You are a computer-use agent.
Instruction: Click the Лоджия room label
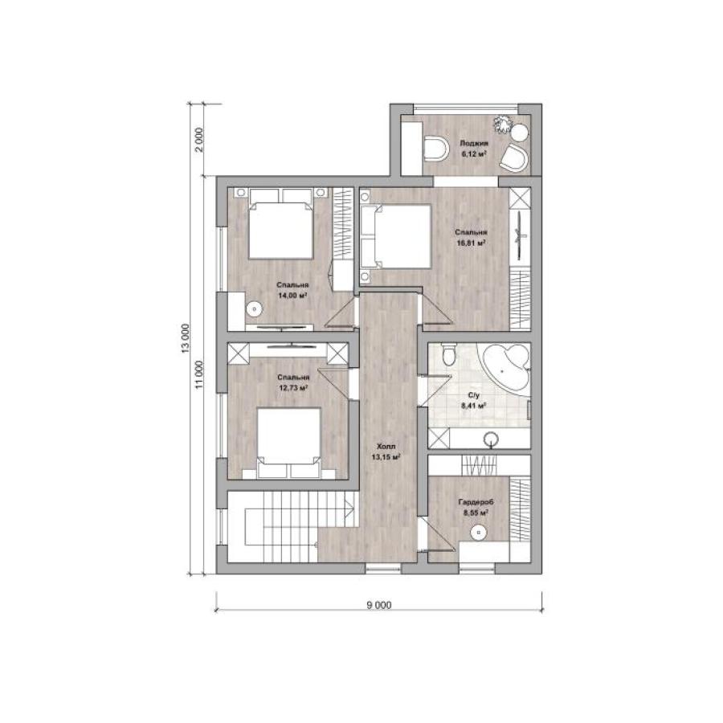pos(474,144)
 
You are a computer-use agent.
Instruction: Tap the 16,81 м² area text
pos(472,243)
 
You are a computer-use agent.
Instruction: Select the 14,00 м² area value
pos(292,295)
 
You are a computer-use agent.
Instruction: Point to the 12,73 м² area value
pos(293,388)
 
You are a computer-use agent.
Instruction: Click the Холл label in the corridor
pos(386,447)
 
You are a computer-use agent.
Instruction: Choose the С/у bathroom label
pos(474,395)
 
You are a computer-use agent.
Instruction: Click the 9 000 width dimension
pos(379,604)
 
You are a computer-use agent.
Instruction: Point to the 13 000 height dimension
pos(186,338)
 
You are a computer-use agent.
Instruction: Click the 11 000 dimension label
pos(198,374)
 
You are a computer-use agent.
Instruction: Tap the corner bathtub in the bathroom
pos(506,367)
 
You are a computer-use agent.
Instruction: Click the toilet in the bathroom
pos(448,354)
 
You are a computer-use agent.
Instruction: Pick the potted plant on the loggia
pos(503,124)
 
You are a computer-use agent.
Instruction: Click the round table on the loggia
pos(520,133)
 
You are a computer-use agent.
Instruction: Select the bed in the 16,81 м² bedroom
pos(396,236)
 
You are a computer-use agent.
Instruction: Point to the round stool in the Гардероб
pos(479,533)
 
